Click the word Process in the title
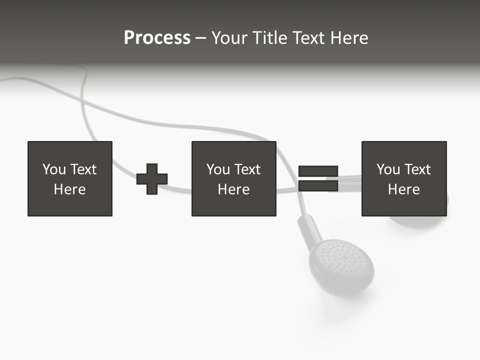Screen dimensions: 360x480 157,38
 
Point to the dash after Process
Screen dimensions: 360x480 200,38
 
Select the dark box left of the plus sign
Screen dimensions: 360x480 70,178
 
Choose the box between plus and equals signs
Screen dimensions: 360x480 233,178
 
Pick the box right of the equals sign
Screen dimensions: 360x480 403,178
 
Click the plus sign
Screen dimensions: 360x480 152,179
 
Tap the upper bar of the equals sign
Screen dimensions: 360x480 318,171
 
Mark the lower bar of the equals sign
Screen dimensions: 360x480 318,186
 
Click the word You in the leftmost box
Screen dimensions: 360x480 54,169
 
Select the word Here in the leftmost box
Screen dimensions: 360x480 70,189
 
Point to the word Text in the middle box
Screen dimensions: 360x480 247,169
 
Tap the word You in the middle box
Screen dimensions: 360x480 218,169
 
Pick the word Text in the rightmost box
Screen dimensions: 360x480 417,169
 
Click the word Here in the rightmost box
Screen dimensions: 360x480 403,189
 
